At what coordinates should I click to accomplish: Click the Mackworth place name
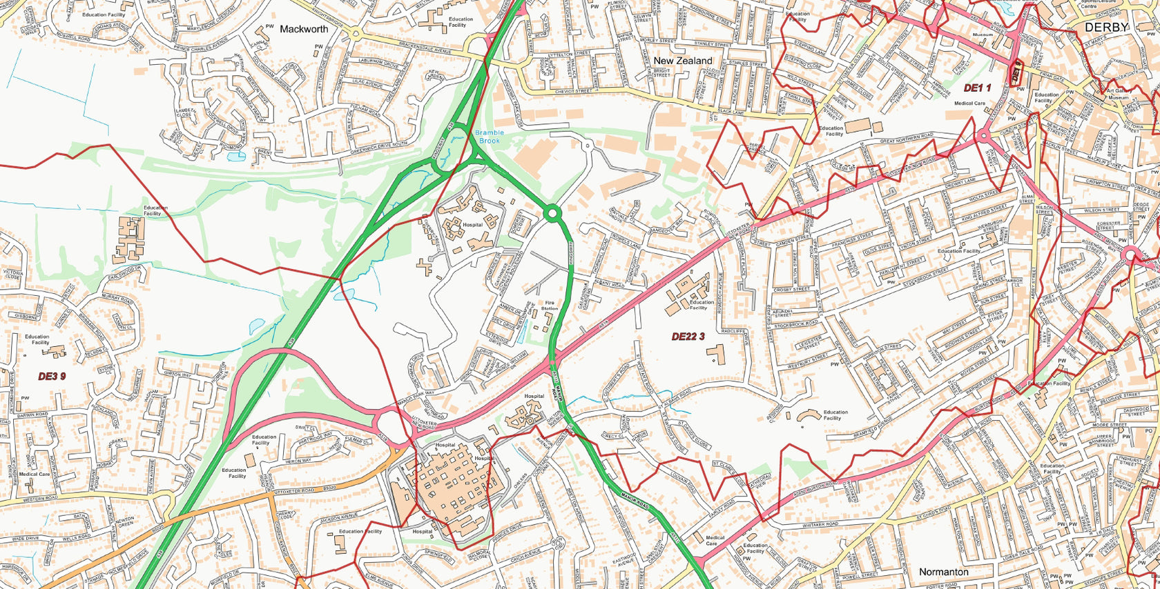click(x=304, y=29)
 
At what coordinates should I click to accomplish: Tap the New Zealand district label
click(x=682, y=61)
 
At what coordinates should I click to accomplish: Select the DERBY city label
click(x=1106, y=27)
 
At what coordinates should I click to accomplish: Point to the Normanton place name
click(x=943, y=572)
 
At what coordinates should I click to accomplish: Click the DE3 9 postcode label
click(x=52, y=376)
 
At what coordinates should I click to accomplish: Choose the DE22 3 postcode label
click(x=688, y=337)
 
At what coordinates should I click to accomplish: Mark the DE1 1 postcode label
click(x=977, y=88)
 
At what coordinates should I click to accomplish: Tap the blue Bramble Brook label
click(x=490, y=137)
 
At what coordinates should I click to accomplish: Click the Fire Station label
click(x=550, y=306)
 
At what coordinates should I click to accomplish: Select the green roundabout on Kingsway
click(x=551, y=214)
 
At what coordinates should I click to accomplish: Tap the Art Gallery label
click(x=1117, y=90)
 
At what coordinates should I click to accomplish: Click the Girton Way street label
click(x=178, y=374)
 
